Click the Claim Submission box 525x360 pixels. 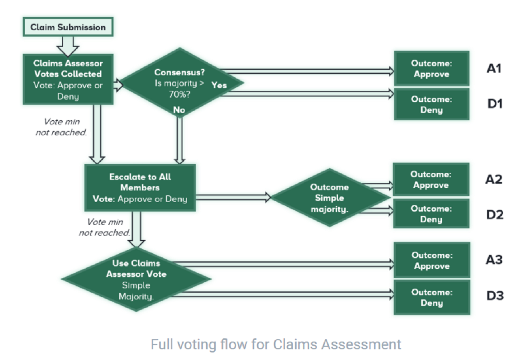coord(68,27)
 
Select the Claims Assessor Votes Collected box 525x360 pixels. coord(68,80)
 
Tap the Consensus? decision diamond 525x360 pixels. coord(181,82)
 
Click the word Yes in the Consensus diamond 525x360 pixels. coord(219,85)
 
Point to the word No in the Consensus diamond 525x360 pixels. coord(179,110)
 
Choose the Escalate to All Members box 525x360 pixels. coord(140,188)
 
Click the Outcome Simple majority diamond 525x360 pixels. coord(330,198)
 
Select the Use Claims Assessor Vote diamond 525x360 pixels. coord(136,279)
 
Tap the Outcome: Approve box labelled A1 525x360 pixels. coord(432,68)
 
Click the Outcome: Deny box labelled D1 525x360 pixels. coord(432,104)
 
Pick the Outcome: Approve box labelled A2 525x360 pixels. coord(431,180)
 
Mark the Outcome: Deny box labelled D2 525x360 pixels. coord(431,214)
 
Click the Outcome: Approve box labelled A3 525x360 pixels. coord(432,261)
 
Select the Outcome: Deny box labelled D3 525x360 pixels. coord(432,297)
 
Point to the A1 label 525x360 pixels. coord(494,68)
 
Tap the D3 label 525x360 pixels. coord(495,295)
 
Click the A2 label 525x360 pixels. coord(494,180)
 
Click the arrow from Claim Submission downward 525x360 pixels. coord(68,46)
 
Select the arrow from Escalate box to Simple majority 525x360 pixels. coord(234,197)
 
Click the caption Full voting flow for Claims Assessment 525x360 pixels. coord(276,344)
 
